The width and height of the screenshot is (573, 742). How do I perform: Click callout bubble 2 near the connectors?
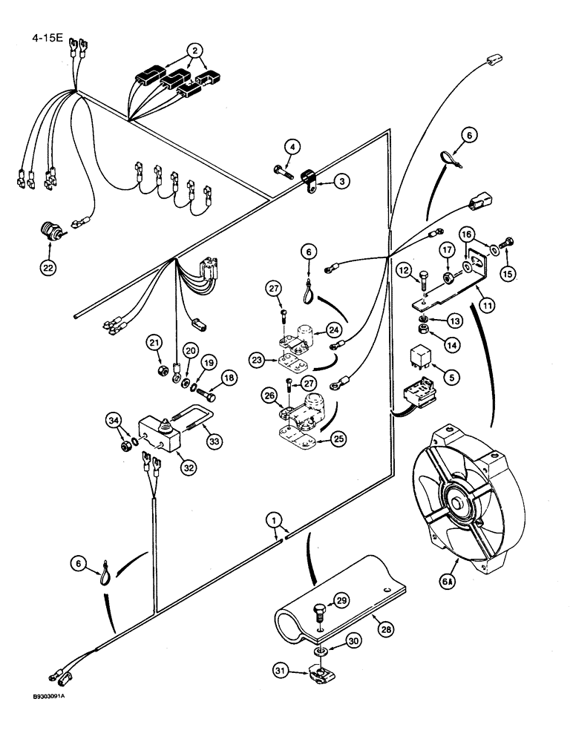coord(194,51)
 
